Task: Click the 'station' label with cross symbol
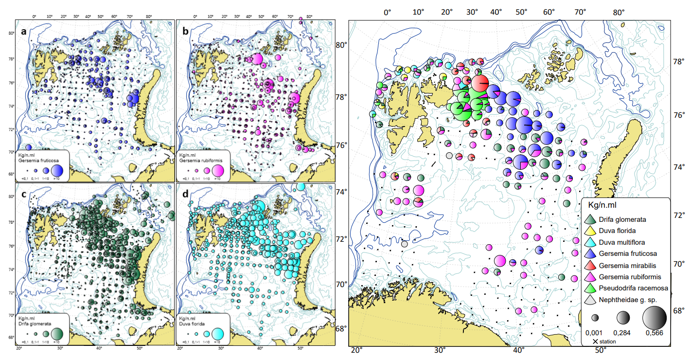[604, 342]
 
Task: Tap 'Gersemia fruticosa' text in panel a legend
[38, 160]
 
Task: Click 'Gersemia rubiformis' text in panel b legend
[200, 160]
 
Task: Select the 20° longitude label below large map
[357, 351]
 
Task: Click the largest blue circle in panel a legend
[57, 170]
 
